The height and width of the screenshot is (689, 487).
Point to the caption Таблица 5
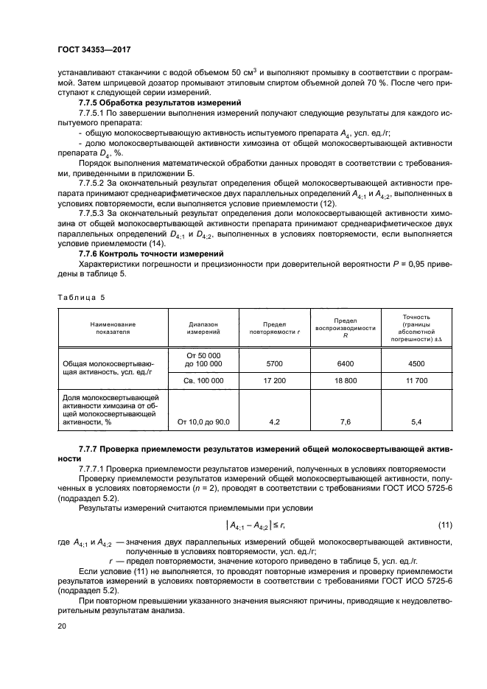click(x=81, y=296)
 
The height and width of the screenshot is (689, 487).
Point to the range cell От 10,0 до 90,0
click(x=199, y=422)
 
